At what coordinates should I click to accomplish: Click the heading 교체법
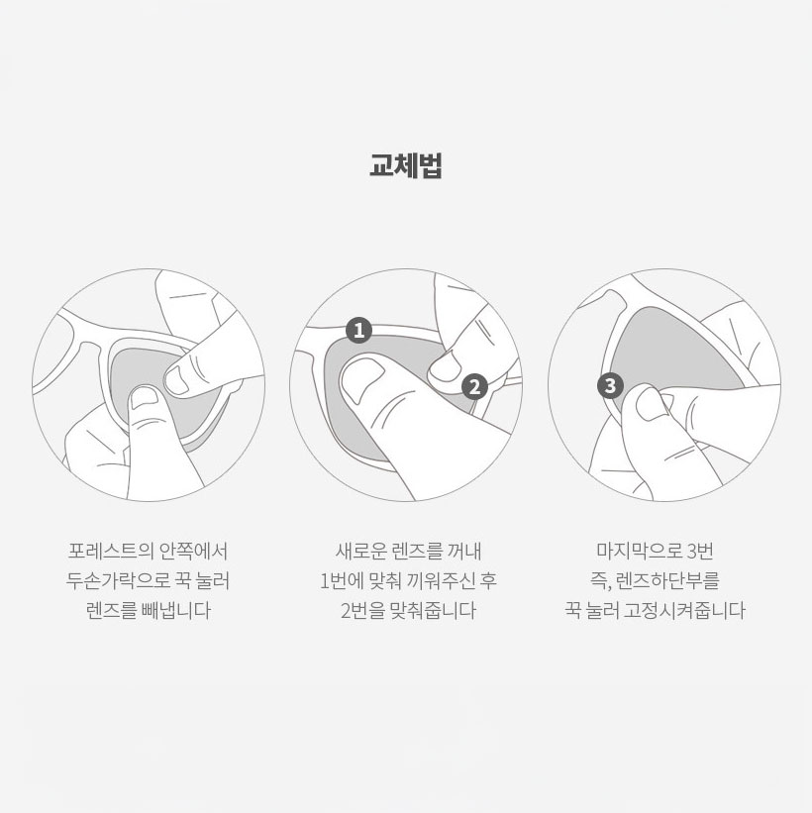405,166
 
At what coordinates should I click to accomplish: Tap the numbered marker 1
358,330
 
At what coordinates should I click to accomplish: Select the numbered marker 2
474,386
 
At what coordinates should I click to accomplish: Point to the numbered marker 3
610,386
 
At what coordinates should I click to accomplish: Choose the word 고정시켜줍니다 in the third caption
684,610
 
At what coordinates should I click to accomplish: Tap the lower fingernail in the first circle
145,397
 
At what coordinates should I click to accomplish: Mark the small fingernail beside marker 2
446,365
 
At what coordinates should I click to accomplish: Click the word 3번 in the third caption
700,551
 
